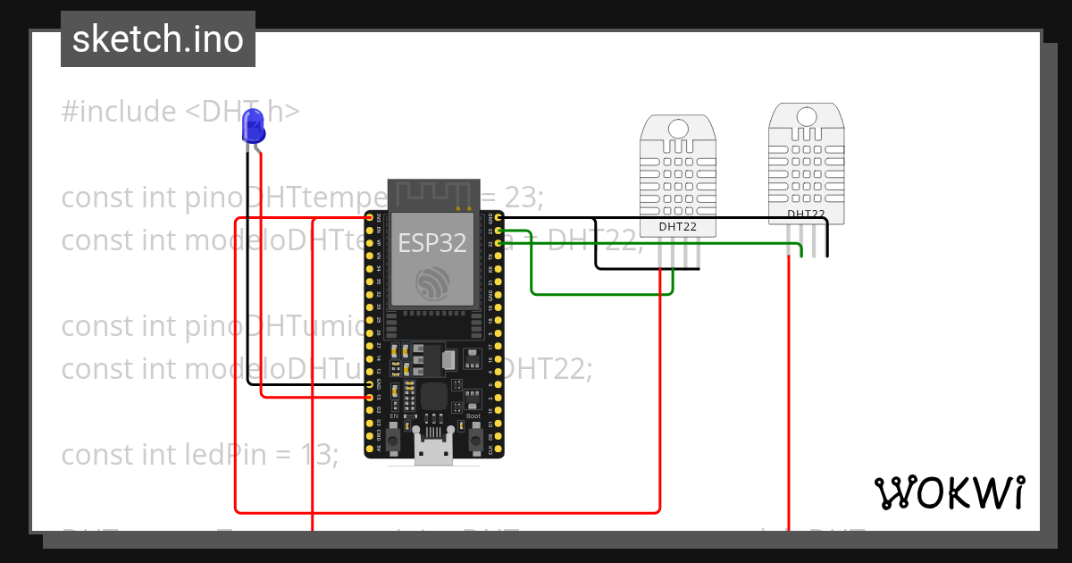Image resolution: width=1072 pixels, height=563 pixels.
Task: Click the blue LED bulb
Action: click(254, 125)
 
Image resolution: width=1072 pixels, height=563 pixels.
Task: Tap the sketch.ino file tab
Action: click(158, 39)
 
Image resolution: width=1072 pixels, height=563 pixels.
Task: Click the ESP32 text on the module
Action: click(432, 242)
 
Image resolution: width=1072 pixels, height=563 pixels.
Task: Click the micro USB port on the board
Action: click(433, 453)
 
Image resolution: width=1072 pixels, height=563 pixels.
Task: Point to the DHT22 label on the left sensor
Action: click(678, 227)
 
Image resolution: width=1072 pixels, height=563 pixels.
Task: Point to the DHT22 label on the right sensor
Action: click(806, 214)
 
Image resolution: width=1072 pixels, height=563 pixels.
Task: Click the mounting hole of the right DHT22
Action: click(806, 116)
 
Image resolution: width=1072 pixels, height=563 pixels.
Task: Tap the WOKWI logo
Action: click(949, 492)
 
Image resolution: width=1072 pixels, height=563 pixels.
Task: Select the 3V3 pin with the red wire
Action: click(370, 217)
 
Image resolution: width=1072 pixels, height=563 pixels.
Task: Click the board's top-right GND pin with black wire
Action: click(498, 217)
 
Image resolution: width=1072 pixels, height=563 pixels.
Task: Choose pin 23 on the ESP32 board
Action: click(498, 231)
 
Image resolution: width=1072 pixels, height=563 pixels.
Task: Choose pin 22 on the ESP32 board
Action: click(498, 243)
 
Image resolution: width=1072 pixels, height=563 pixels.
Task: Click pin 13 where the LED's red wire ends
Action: click(370, 396)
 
